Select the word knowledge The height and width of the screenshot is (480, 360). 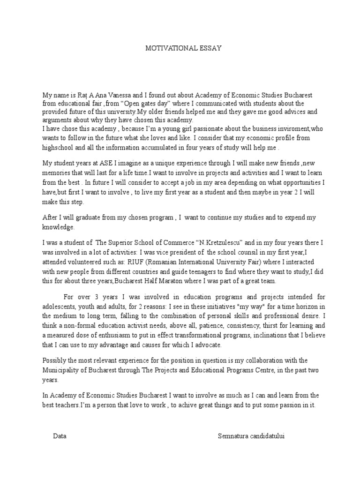pos(58,227)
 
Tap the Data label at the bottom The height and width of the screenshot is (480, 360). pos(60,435)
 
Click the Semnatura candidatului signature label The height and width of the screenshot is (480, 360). pos(251,435)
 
